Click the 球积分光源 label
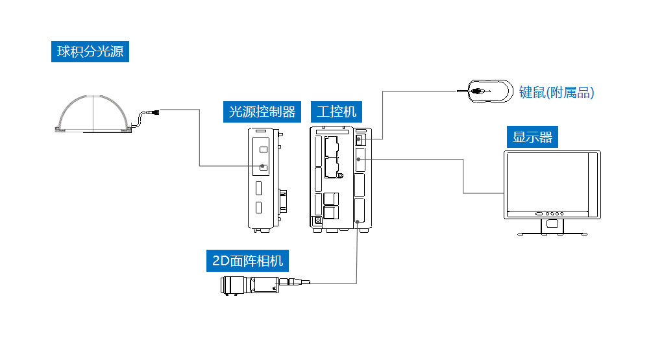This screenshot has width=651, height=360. point(90,51)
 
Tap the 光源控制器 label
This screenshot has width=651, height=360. point(262,112)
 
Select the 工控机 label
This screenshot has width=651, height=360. point(336,112)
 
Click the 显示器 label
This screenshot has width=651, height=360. point(532,137)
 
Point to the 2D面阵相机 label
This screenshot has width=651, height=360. point(247,261)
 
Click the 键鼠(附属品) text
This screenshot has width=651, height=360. point(556,92)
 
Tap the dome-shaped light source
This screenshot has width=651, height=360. point(93,114)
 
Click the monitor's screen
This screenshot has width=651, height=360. point(548,181)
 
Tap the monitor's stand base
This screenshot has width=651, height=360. point(552,234)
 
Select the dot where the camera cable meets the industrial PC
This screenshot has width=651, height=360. point(357,222)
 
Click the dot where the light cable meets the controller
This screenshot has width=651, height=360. point(262,166)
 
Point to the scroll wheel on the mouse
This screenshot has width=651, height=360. point(478,91)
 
